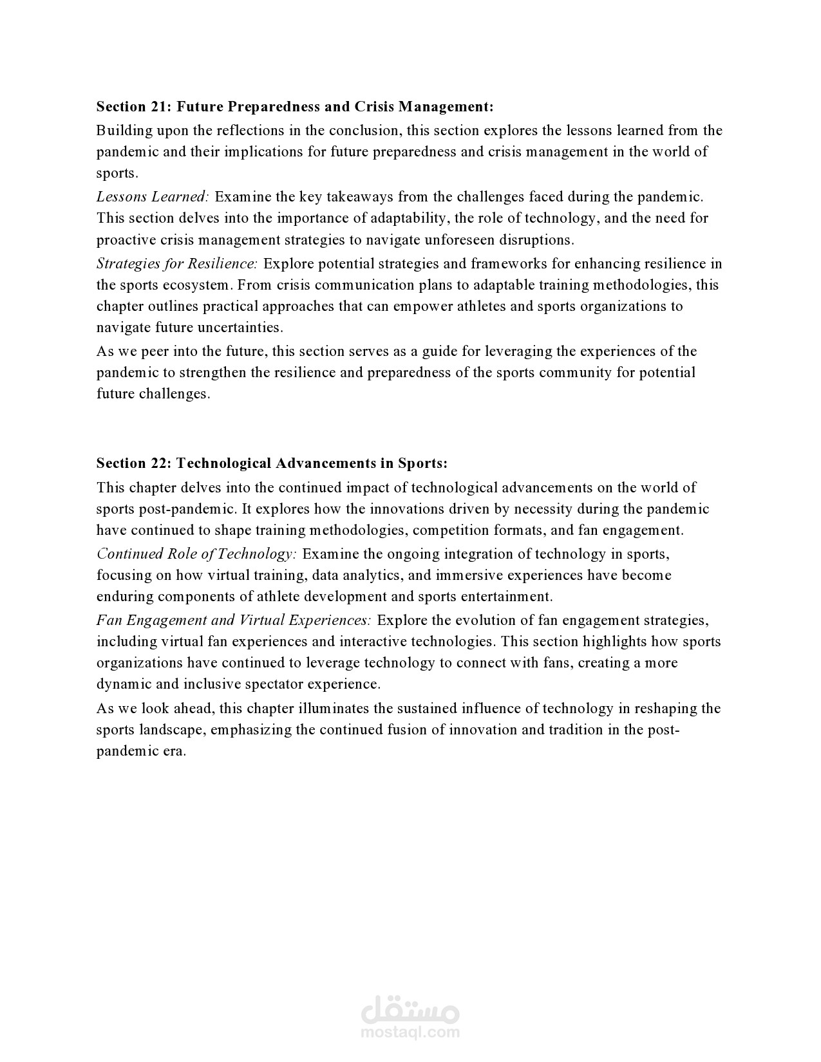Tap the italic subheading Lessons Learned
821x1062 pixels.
153,196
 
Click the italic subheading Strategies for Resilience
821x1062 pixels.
177,263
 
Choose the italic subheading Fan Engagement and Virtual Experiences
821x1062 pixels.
234,620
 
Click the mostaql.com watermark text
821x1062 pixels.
410,1032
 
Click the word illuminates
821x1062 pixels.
334,708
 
